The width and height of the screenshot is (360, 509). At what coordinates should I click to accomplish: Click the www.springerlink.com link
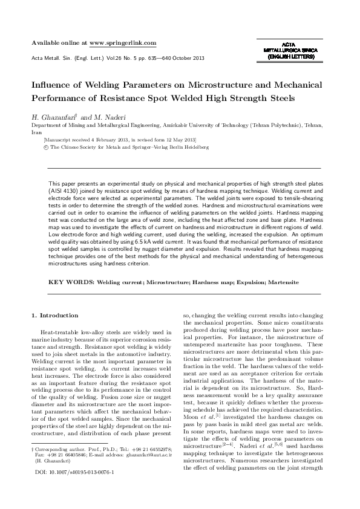tap(123, 43)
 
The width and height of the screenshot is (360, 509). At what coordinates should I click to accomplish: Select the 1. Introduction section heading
tap(54, 316)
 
